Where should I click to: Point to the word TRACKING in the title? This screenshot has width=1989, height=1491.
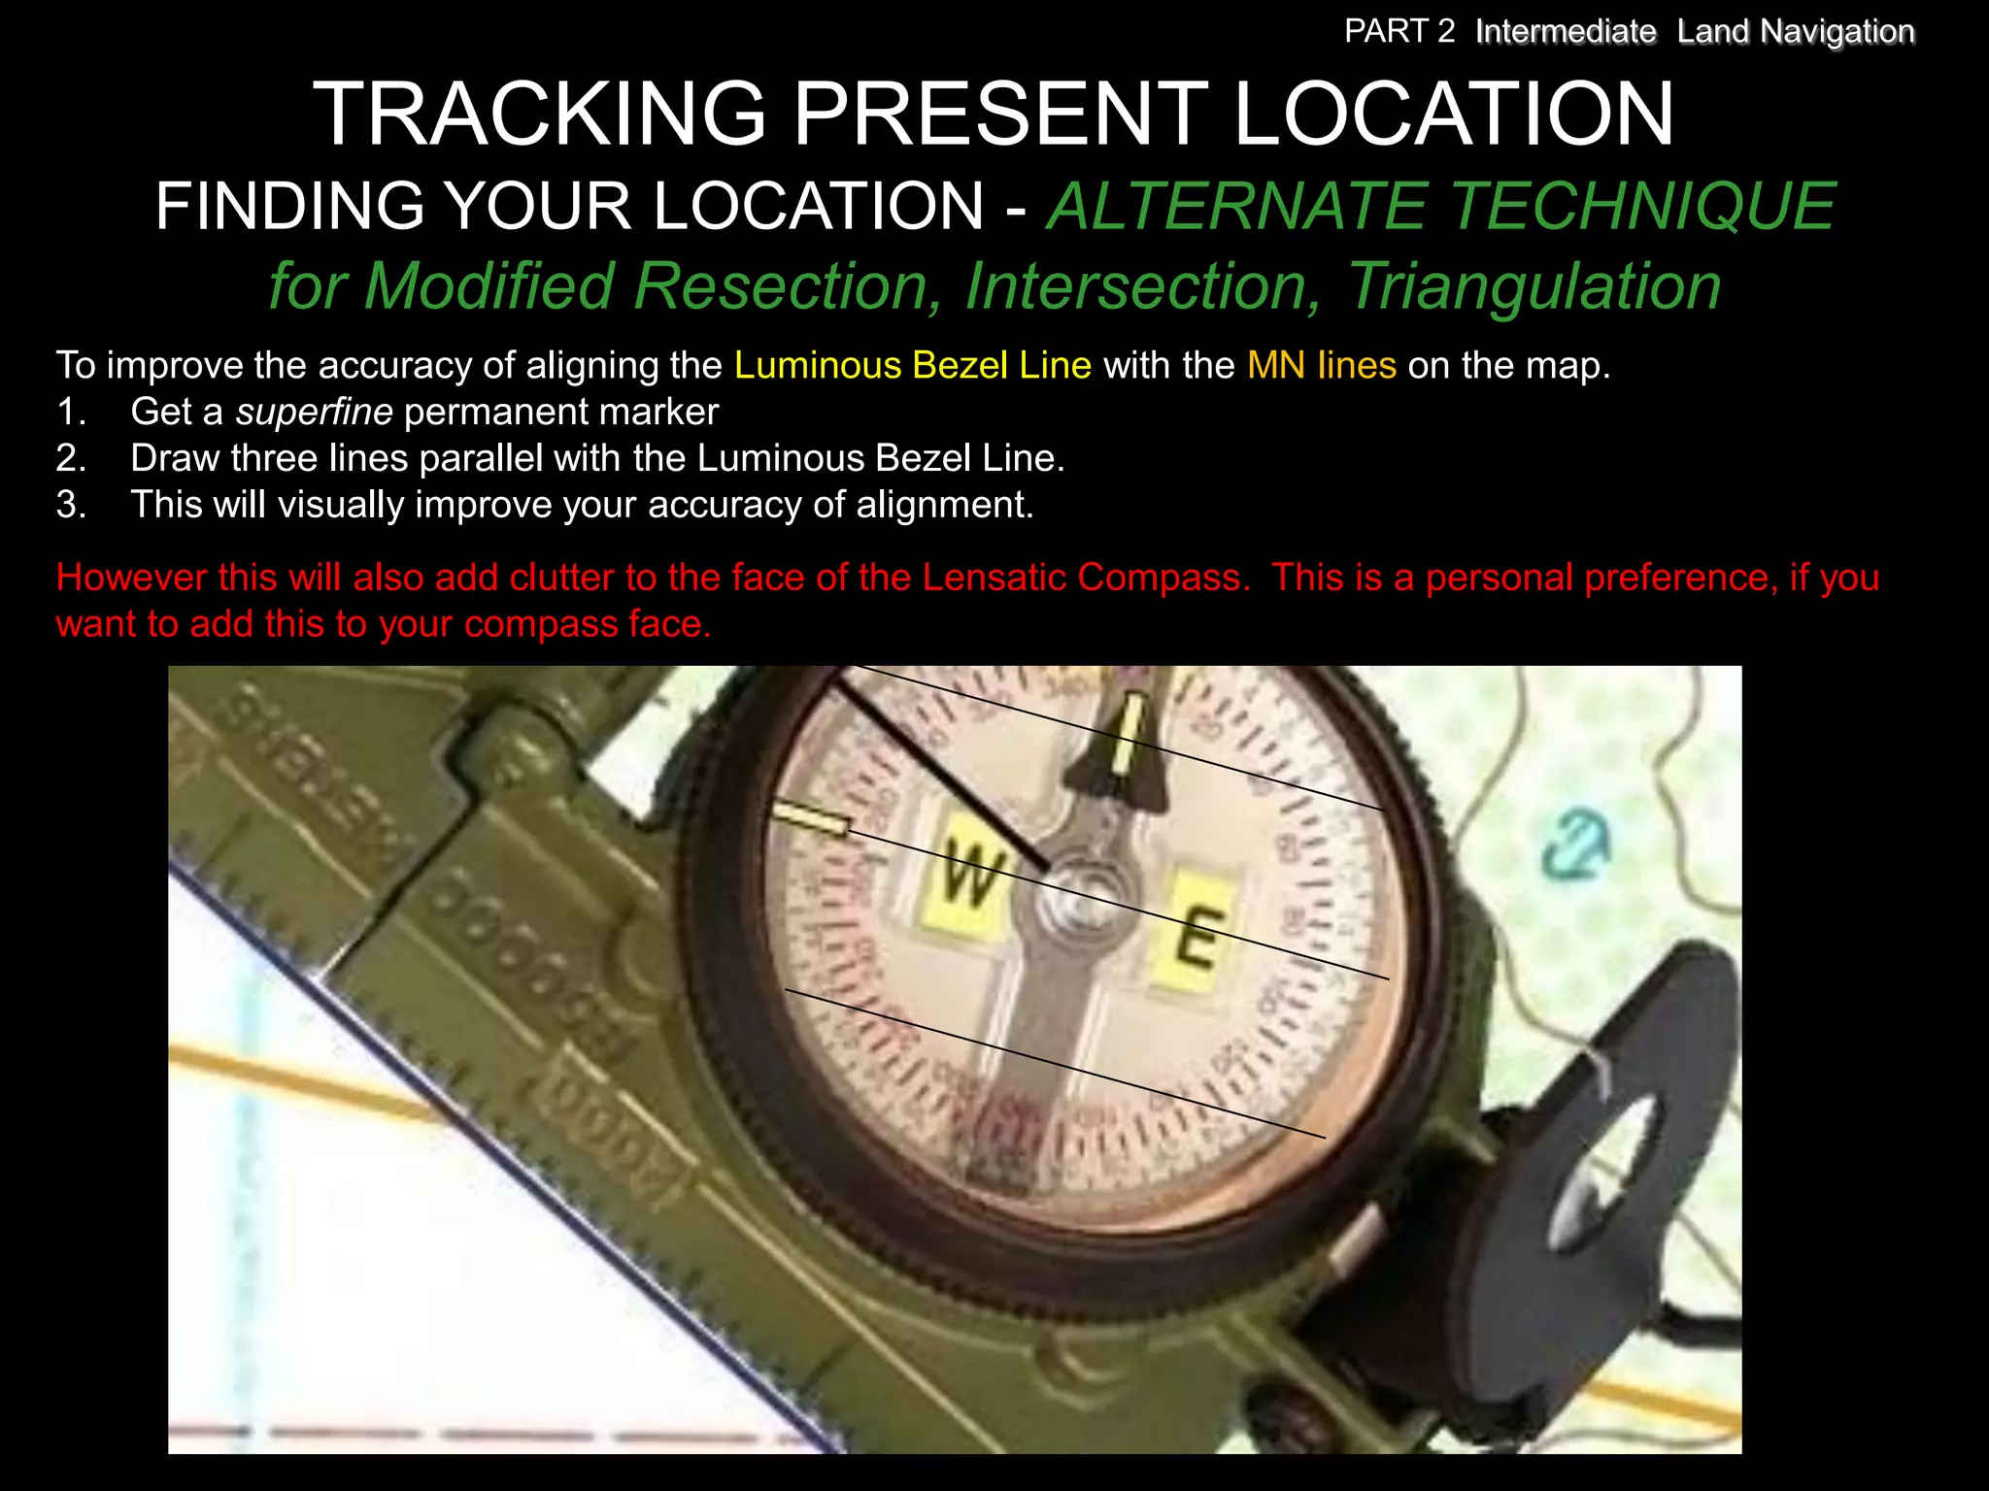(540, 115)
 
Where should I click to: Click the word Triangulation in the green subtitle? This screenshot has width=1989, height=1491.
(1534, 286)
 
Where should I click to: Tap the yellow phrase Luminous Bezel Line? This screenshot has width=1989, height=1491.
(912, 366)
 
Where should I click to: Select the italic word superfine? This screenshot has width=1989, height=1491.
(314, 413)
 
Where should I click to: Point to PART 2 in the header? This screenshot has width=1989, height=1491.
(1399, 32)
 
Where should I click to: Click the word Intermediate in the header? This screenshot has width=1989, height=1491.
(1565, 32)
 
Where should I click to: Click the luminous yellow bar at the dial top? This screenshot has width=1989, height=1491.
(1129, 732)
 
